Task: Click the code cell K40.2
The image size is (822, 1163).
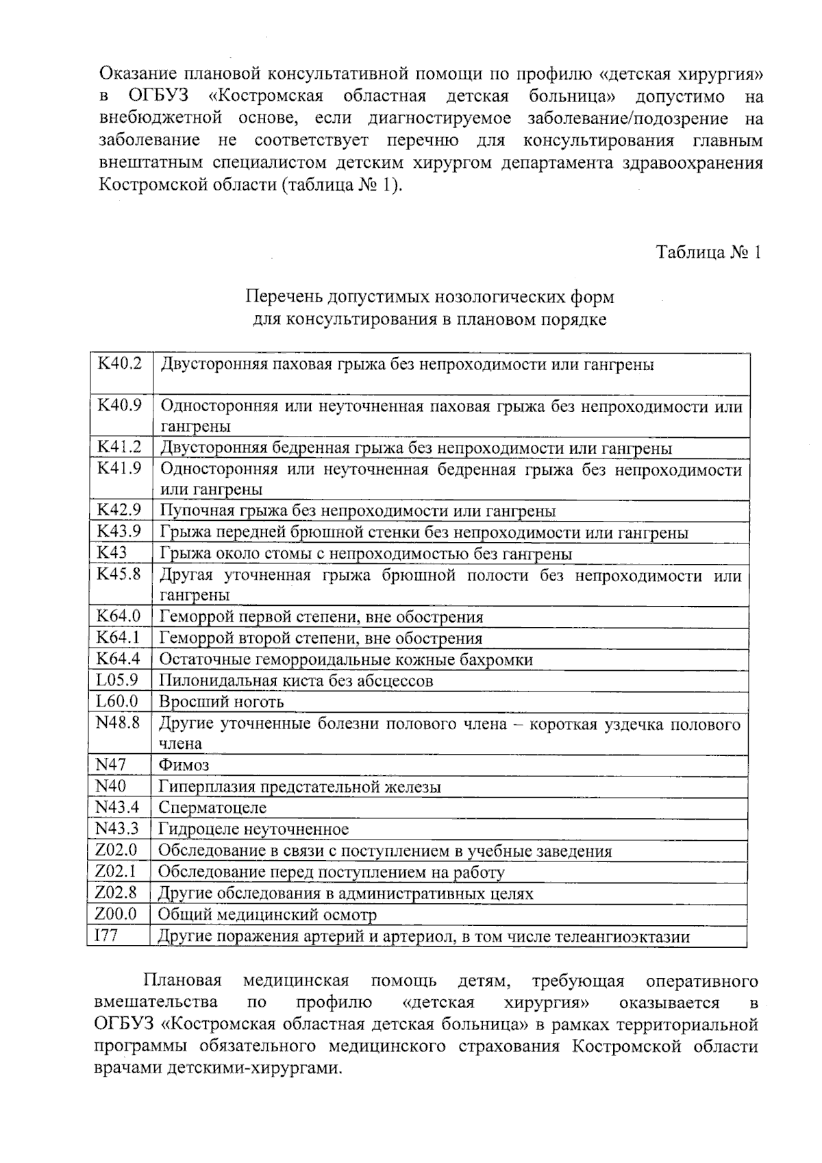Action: (120, 363)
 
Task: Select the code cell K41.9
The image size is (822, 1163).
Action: (119, 469)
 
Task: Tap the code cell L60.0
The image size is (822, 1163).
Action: (117, 701)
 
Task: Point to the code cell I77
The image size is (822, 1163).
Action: (107, 935)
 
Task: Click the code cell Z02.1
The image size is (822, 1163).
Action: (116, 872)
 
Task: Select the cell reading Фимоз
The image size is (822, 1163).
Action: (184, 765)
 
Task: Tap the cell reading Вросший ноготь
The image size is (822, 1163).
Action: (221, 702)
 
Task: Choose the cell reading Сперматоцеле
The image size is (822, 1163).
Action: (212, 808)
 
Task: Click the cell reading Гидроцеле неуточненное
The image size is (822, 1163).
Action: (253, 829)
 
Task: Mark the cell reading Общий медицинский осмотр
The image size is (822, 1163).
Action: (267, 915)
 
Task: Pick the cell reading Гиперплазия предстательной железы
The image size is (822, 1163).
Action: (300, 787)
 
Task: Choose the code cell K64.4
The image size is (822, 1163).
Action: (119, 659)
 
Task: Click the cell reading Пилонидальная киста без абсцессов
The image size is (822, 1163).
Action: (296, 681)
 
